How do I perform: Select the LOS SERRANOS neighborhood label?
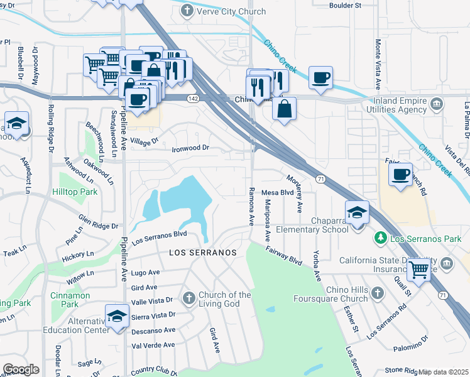pos(203,252)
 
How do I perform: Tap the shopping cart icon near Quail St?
pos(419,270)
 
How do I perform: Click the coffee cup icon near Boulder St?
pos(320,78)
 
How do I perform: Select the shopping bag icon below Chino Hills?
pos(285,109)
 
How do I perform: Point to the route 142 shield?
pos(194,99)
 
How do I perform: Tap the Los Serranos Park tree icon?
pos(380,238)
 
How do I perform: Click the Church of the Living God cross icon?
pos(189,297)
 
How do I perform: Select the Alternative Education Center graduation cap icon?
pos(117,317)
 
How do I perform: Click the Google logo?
pos(21,369)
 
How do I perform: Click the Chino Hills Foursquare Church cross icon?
pos(377,293)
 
